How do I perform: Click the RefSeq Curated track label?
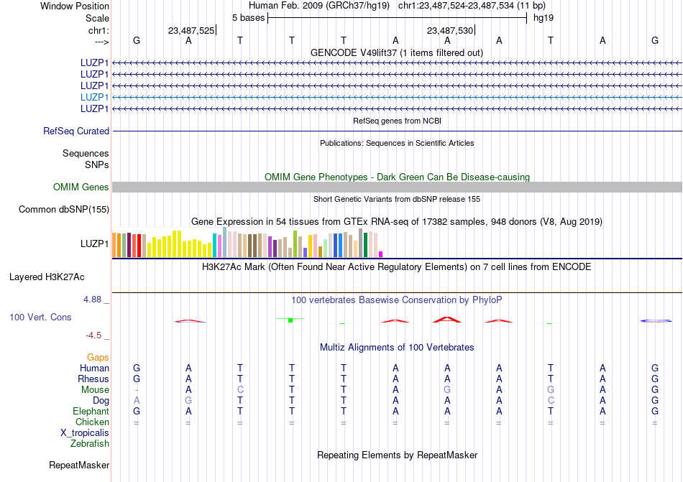coord(76,131)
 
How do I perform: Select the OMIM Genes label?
coord(81,187)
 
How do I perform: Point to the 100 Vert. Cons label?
coord(40,317)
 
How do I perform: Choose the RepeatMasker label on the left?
coord(79,465)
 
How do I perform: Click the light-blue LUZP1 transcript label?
coord(95,97)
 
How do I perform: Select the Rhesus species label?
coord(93,379)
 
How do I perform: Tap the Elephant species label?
coord(91,412)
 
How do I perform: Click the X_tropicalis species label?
coord(85,433)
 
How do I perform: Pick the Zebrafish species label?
coord(90,444)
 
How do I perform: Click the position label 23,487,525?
coord(191,31)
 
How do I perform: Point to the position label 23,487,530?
coord(449,31)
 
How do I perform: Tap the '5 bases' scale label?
coord(247,17)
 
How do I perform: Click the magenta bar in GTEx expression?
coord(381,254)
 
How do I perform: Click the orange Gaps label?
coord(98,358)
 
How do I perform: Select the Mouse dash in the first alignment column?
coord(137,390)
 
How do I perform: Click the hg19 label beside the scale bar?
coord(543,17)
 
